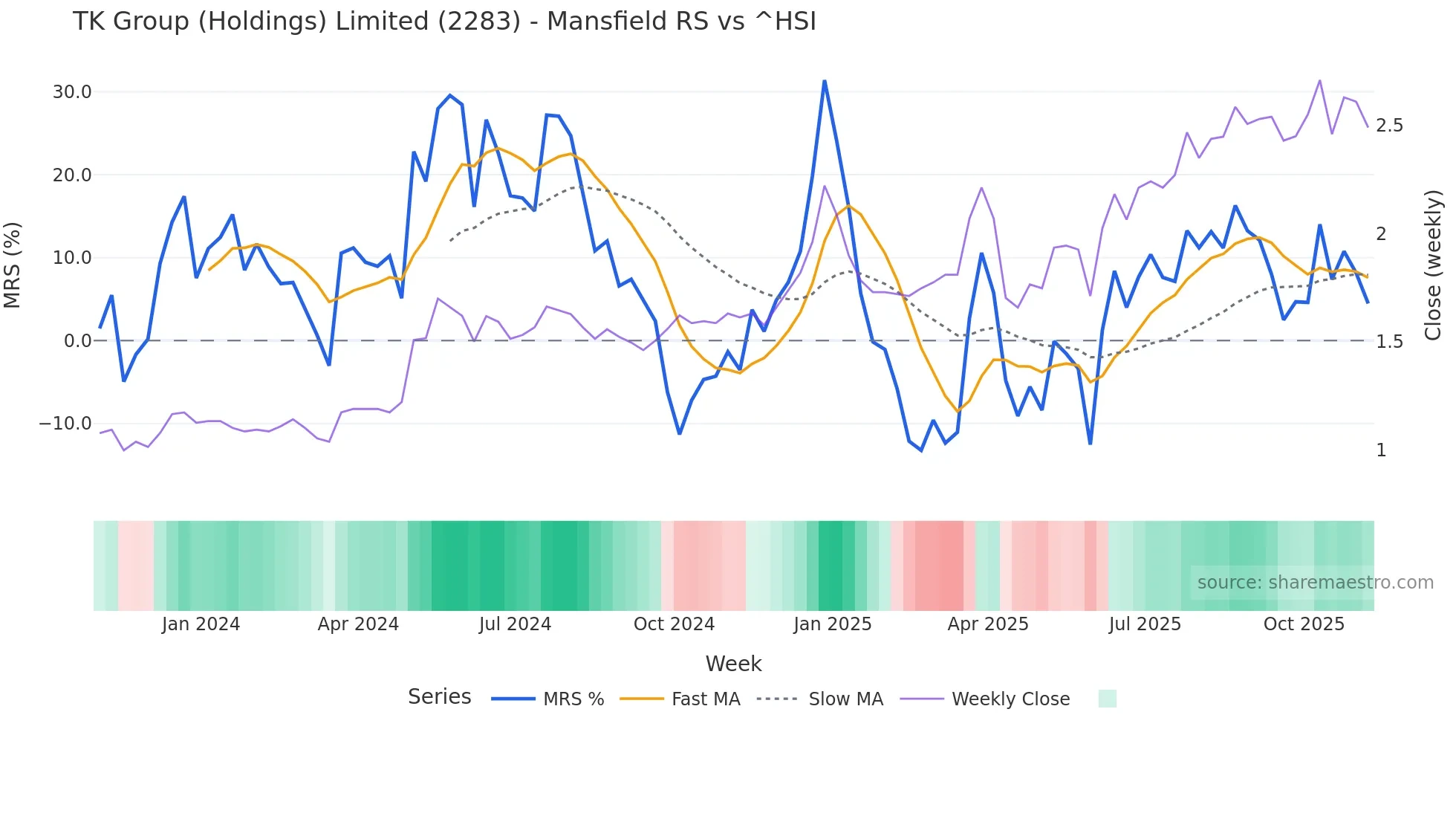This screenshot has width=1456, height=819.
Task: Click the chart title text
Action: (x=444, y=21)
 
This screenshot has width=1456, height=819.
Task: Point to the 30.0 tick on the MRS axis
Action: (x=72, y=92)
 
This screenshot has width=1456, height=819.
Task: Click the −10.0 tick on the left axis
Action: (x=65, y=424)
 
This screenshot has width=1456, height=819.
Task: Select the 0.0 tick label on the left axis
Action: (x=77, y=341)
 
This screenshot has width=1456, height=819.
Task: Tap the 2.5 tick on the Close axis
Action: (x=1389, y=126)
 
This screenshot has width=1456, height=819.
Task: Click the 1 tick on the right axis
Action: (x=1381, y=450)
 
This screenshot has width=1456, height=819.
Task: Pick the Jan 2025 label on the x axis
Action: (x=832, y=624)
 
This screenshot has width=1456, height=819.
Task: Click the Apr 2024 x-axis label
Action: (x=358, y=624)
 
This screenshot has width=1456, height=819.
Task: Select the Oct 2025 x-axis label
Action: (x=1304, y=624)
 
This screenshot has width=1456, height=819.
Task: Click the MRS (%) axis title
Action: (x=13, y=265)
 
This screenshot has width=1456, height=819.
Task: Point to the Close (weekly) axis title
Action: (x=1433, y=265)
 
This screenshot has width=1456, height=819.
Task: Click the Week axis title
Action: (x=733, y=664)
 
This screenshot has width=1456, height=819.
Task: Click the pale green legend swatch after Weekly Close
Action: (x=1107, y=699)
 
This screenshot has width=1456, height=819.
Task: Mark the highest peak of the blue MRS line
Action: (x=825, y=81)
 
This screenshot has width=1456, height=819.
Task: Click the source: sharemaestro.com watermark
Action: (x=1315, y=583)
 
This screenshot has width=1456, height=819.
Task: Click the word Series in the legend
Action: (x=439, y=697)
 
